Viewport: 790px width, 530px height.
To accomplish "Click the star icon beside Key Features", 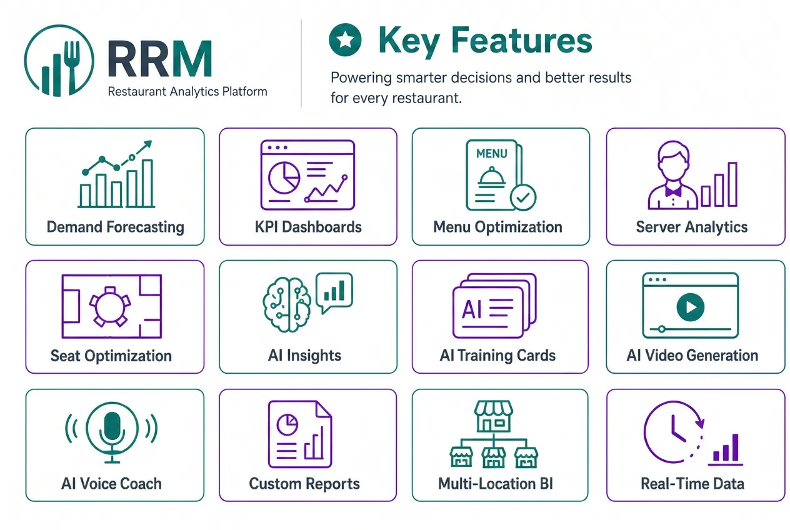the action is pos(345,39).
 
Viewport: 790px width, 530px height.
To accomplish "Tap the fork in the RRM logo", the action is pos(72,67).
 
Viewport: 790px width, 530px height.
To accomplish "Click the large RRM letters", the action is pos(160,59).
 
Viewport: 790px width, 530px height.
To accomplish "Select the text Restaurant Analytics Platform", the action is pos(187,92).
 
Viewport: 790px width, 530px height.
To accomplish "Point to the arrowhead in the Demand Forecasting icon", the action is pos(147,144).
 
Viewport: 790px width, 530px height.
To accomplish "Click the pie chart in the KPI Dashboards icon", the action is pos(284,177).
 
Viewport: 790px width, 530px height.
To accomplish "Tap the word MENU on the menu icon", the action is pos(492,154).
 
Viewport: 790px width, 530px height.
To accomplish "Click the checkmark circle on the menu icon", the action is pos(523,197).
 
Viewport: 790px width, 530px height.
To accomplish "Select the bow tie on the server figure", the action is pos(673,191).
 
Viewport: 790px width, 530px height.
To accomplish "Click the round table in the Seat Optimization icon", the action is pos(110,307).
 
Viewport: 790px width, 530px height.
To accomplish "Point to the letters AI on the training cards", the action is pos(471,309).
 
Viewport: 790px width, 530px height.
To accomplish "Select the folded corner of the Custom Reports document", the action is pos(323,409).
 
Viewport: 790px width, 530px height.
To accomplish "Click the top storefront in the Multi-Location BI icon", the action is pos(493,416).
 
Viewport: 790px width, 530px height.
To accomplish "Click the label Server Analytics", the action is pos(692,227).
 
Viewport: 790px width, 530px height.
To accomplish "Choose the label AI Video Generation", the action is pos(692,356).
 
